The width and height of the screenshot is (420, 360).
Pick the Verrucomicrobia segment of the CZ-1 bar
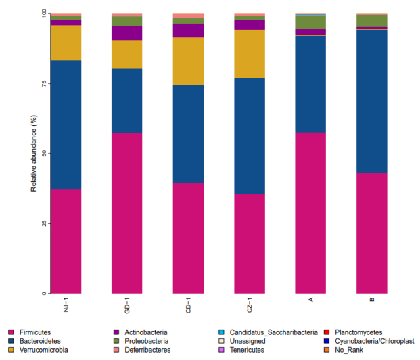pos(249,53)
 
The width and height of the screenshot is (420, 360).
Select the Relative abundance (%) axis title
pos(33,153)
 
